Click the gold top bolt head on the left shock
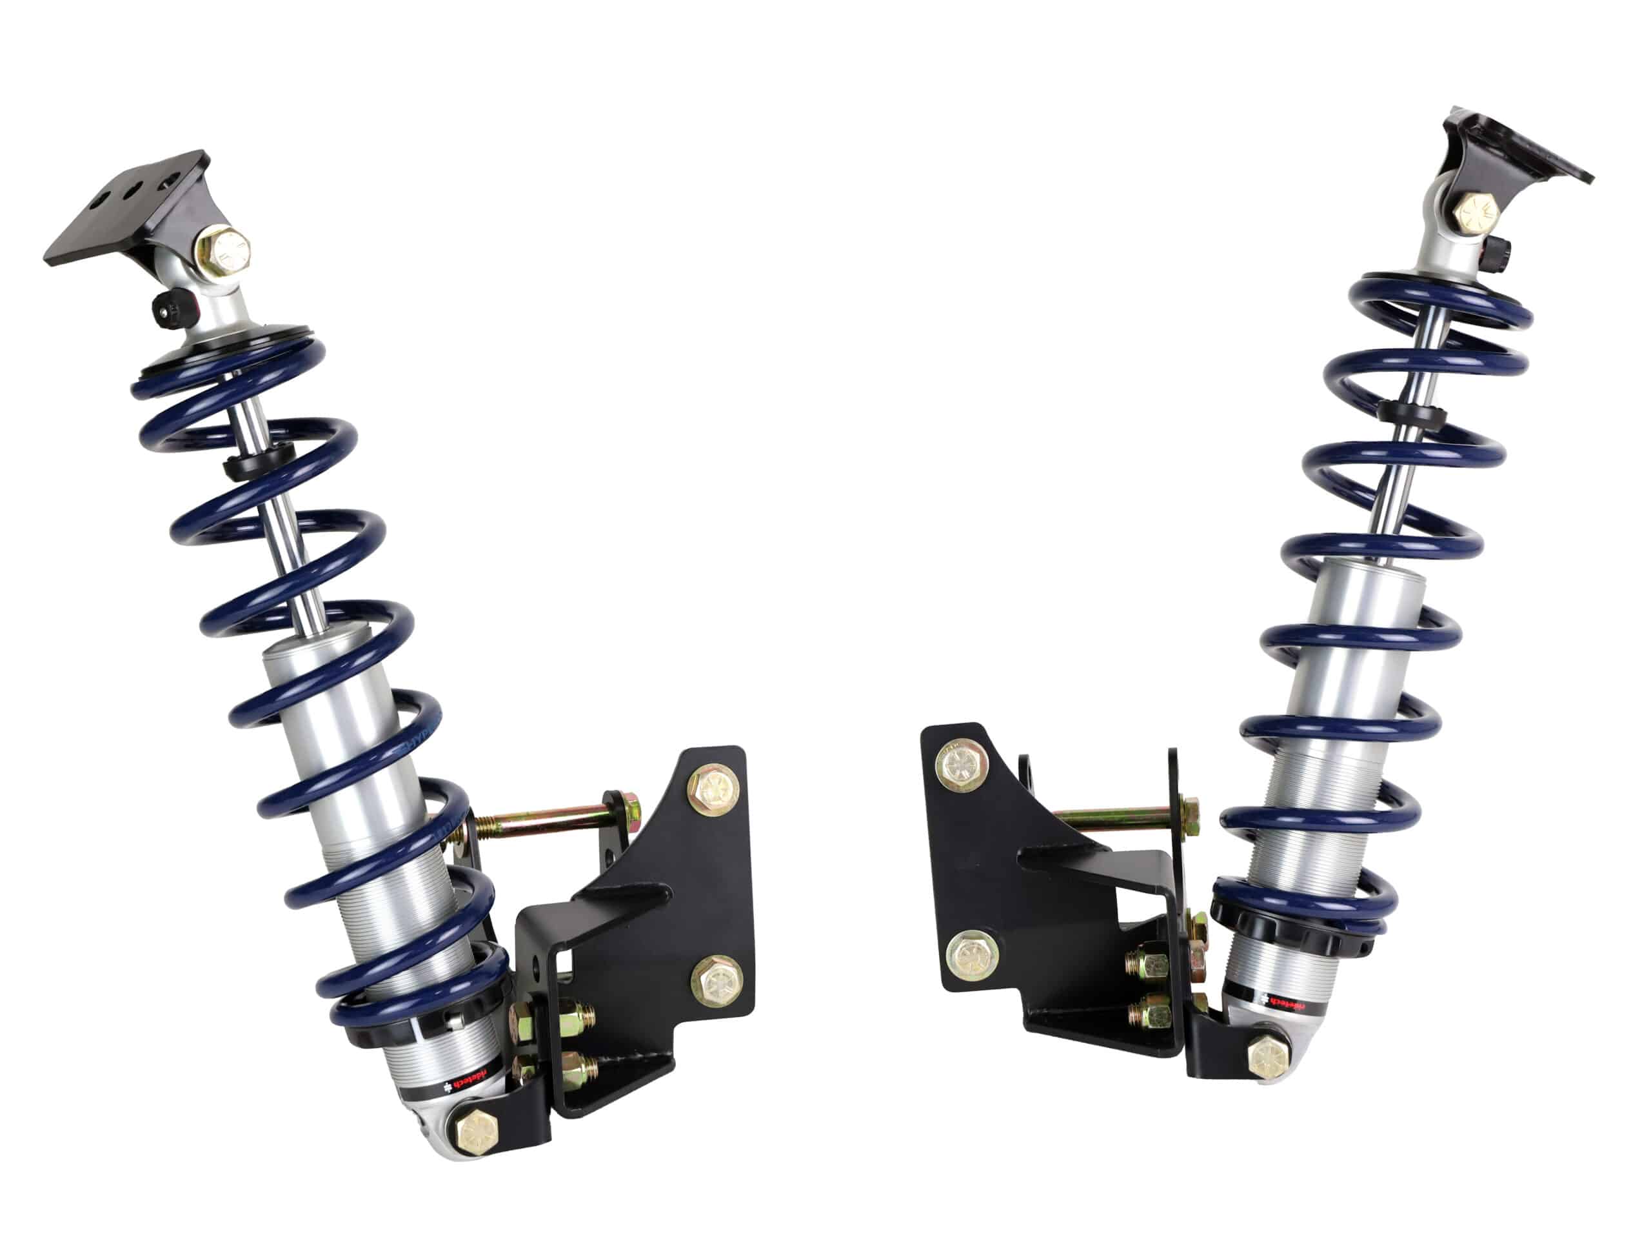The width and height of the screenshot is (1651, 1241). point(222,252)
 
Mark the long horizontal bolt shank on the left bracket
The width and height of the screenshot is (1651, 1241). point(552,822)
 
